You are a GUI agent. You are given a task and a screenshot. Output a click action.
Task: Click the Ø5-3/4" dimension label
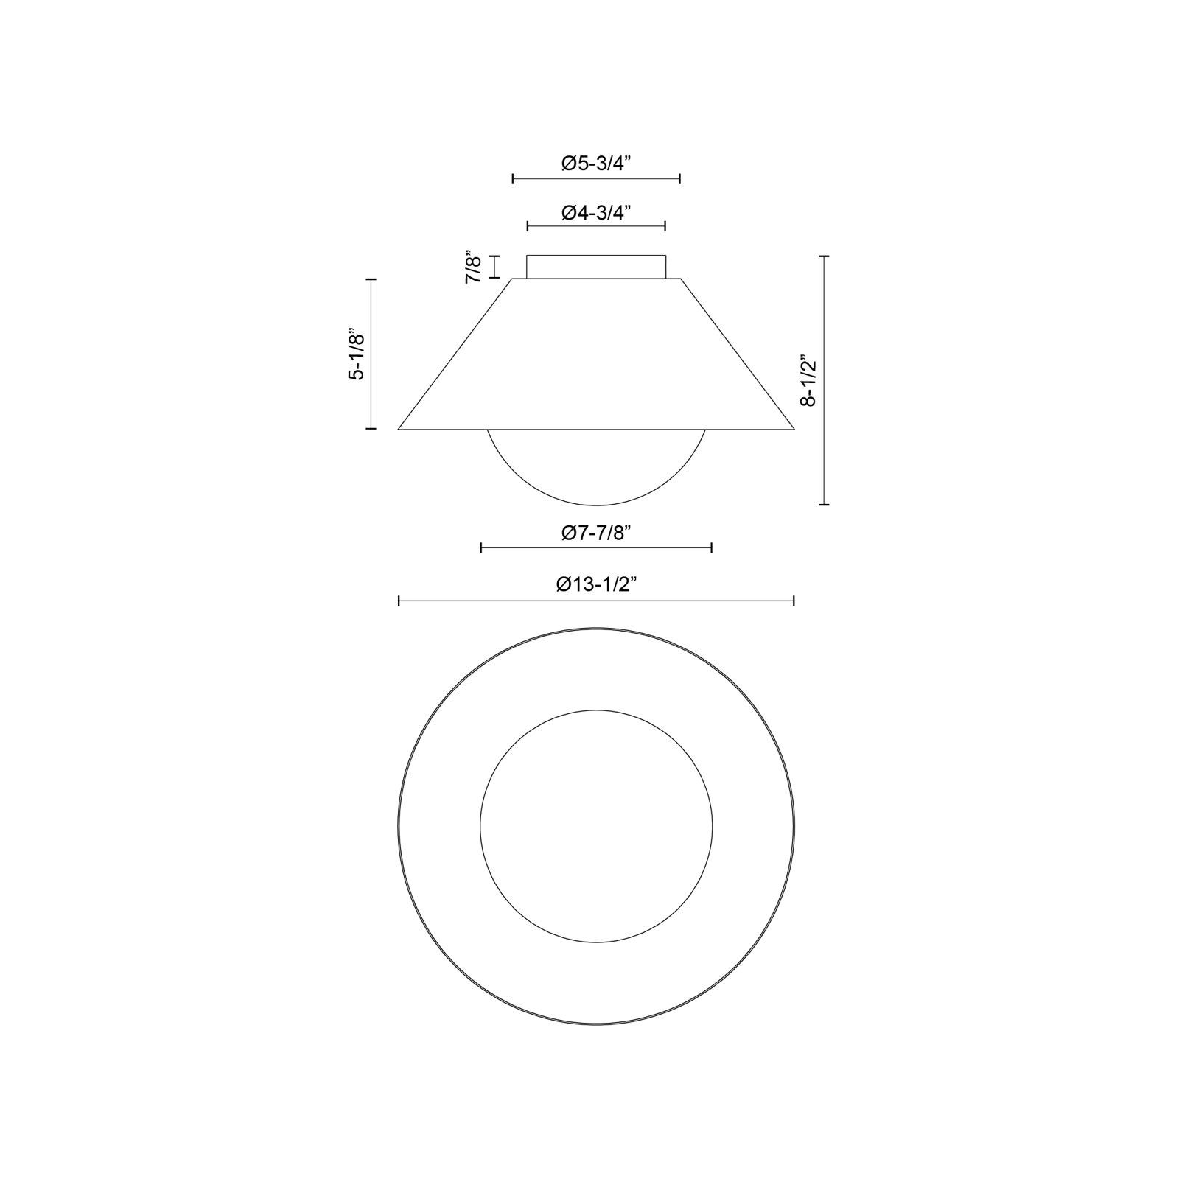pos(596,164)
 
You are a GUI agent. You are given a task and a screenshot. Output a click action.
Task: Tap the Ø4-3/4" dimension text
pos(596,213)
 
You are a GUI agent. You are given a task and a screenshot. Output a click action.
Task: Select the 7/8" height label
pos(473,267)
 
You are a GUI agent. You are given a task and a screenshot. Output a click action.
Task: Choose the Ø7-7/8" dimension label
pos(596,533)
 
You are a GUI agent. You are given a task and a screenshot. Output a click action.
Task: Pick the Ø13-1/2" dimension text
pos(596,584)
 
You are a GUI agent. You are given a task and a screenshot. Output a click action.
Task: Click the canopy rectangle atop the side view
pos(596,267)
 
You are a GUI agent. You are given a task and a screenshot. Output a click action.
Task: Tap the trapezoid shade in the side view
pos(596,354)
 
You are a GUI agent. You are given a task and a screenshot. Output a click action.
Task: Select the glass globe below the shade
pos(596,504)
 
